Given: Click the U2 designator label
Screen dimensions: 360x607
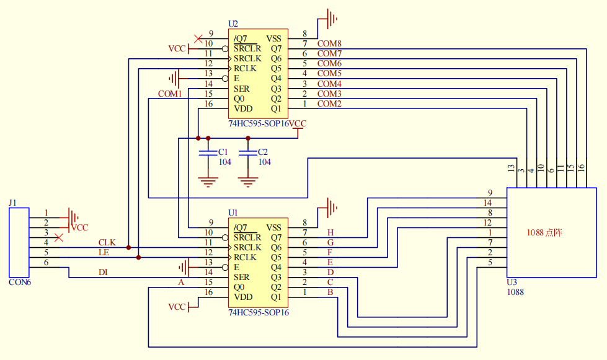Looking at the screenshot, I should (233, 24).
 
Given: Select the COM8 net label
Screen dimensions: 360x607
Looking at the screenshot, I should (329, 43).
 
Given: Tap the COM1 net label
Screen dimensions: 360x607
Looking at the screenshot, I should (169, 94).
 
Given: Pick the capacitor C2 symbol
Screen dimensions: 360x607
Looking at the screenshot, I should (248, 152).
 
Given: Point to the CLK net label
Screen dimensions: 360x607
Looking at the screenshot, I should (107, 242).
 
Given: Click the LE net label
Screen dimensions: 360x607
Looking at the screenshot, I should (104, 252).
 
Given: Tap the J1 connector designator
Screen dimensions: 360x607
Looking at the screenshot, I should (12, 203).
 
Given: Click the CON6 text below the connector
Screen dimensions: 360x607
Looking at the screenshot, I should (20, 282).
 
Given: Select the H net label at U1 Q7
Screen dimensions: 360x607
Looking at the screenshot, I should (330, 232).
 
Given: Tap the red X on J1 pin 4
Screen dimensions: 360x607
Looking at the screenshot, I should (59, 237).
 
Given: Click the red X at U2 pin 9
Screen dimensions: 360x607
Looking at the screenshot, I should (198, 38).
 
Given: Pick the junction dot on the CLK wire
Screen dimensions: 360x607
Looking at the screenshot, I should (128, 247).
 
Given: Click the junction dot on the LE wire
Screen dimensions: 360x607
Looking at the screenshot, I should (138, 257).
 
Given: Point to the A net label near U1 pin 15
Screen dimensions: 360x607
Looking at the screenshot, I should (181, 282).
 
